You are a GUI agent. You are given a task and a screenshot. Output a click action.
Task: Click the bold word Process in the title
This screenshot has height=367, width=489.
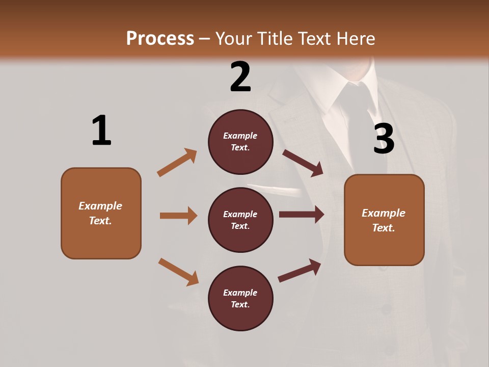point(160,38)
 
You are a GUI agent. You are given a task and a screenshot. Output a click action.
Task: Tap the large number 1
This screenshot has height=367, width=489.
point(101,130)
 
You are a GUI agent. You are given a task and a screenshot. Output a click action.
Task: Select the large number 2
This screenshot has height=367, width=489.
point(240,77)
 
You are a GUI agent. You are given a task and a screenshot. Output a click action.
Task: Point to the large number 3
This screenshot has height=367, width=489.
point(384,139)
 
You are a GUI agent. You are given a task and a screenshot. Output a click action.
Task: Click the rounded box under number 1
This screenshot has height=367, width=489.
point(101,213)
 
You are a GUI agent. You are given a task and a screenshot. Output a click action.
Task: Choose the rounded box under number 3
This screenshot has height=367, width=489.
point(384,220)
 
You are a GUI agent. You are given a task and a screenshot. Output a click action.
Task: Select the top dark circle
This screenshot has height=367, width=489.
point(240,142)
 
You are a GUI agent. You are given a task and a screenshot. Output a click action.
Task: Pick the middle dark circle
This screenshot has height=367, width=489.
point(240,220)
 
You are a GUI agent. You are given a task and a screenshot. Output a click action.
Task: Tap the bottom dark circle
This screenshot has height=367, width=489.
point(240,298)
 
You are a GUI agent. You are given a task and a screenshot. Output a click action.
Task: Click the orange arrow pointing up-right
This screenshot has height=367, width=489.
point(177,162)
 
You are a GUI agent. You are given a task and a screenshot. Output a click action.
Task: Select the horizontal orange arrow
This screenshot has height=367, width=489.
point(178,216)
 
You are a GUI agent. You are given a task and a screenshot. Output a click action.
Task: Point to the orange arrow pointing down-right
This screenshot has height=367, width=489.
point(178,272)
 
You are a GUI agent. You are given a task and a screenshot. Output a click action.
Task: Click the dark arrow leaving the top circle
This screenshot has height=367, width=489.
point(303,163)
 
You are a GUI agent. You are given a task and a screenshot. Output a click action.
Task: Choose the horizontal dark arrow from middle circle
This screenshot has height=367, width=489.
point(302,215)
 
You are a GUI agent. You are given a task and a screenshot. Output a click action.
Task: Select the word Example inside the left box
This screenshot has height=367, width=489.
point(100,206)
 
